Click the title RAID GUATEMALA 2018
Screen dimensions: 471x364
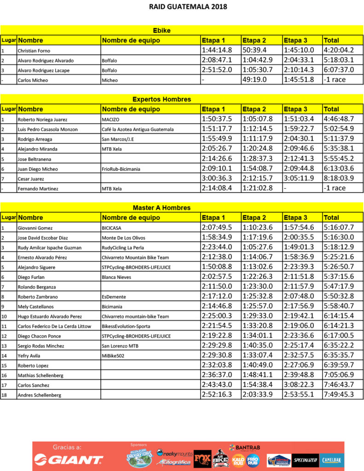182,7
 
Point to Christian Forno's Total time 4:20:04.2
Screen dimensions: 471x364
338,50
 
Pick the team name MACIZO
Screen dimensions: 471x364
110,120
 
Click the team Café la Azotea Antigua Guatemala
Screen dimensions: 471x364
138,129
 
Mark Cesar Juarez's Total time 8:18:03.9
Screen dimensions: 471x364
338,178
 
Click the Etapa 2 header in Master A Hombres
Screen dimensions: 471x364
254,218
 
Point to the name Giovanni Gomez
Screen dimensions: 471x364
35,228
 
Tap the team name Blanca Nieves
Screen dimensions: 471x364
116,277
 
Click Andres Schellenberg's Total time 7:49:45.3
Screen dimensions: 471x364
338,394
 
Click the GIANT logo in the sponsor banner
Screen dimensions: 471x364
69,460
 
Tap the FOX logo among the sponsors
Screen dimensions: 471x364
202,459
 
